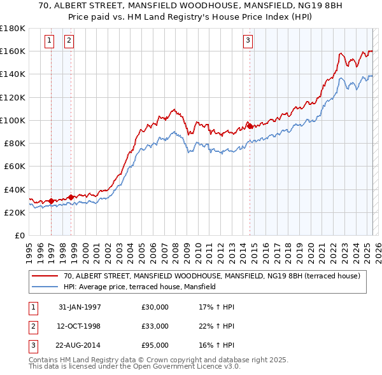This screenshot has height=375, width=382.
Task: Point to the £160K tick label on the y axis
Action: click(13, 51)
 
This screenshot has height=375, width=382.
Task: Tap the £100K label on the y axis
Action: click(13, 120)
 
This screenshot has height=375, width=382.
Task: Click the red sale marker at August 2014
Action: click(250, 125)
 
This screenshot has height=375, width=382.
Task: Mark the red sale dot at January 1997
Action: click(51, 201)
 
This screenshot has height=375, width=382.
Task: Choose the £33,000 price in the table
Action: click(155, 326)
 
